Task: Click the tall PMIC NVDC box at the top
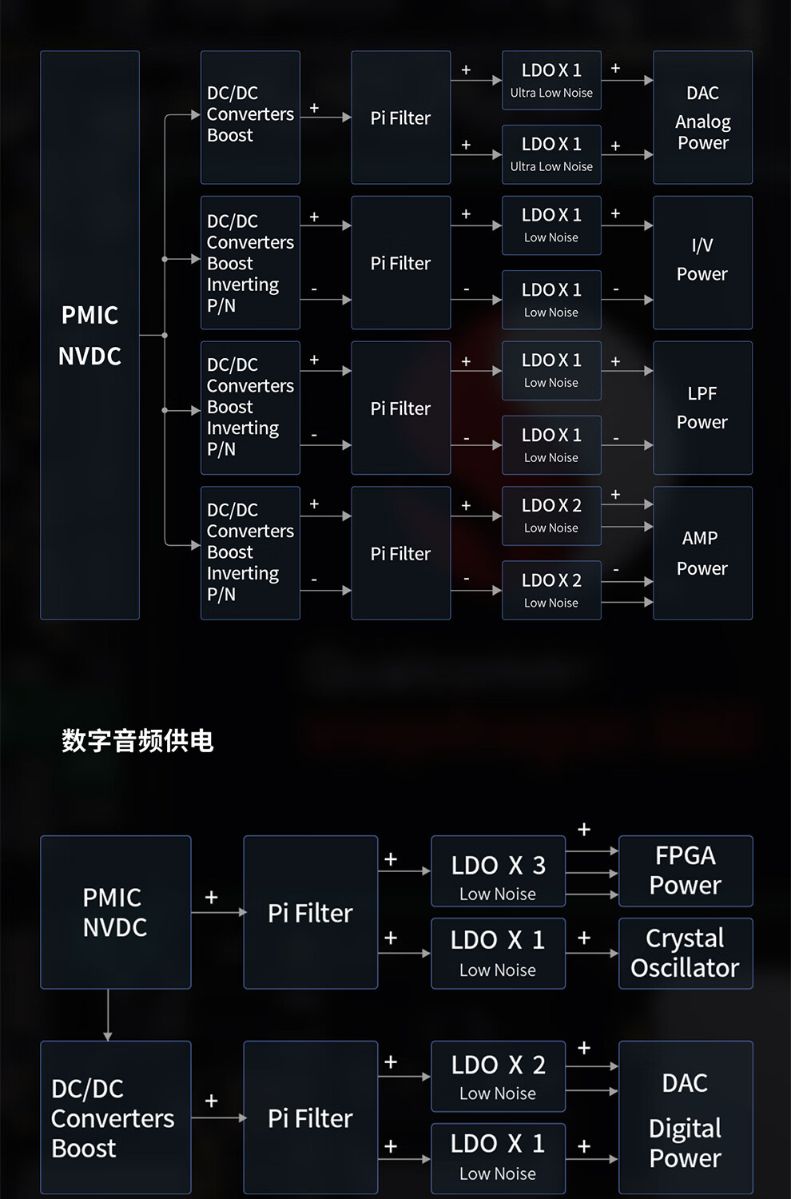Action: pyautogui.click(x=89, y=335)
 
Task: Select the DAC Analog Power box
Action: pyautogui.click(x=702, y=118)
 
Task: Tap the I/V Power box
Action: pyautogui.click(x=702, y=262)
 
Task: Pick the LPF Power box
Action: pyautogui.click(x=702, y=408)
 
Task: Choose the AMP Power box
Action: pyautogui.click(x=702, y=553)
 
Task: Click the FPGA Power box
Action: pyautogui.click(x=686, y=870)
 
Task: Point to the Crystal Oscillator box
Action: pyautogui.click(x=686, y=953)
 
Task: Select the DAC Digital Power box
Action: pyautogui.click(x=686, y=1117)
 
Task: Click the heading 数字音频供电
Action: pyautogui.click(x=137, y=741)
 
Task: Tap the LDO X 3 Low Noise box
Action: pyautogui.click(x=498, y=870)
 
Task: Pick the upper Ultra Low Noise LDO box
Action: pyautogui.click(x=551, y=80)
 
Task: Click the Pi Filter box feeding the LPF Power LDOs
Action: pyautogui.click(x=400, y=408)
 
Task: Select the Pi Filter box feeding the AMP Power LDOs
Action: pyautogui.click(x=400, y=553)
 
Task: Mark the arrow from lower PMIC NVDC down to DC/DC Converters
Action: pyautogui.click(x=108, y=1015)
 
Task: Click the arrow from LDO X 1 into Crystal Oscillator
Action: pyautogui.click(x=592, y=953)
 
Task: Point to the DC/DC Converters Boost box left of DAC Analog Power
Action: pyautogui.click(x=250, y=118)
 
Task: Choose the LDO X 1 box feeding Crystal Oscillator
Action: pyautogui.click(x=498, y=953)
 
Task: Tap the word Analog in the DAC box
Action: pyautogui.click(x=702, y=121)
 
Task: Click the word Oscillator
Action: pyautogui.click(x=685, y=968)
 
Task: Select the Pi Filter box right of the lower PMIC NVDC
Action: pyautogui.click(x=310, y=912)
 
